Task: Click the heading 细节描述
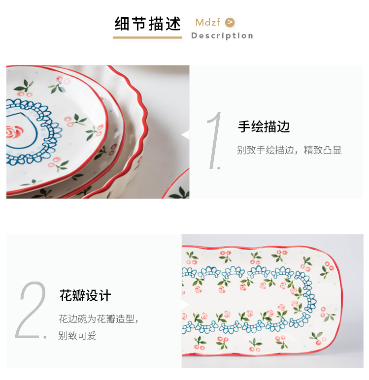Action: (147, 24)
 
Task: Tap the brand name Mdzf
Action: (208, 22)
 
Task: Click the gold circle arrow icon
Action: (230, 23)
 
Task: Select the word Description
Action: (222, 36)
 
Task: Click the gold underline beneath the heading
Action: (147, 37)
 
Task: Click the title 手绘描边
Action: (264, 127)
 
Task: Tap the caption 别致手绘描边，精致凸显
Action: (289, 150)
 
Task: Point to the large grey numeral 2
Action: (31, 310)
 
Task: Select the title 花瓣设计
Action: (85, 295)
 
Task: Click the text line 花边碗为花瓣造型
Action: (96, 319)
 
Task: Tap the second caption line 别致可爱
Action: (77, 336)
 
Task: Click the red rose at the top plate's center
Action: (13, 132)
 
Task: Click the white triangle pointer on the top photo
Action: (186, 135)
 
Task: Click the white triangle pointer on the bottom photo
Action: (186, 304)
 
